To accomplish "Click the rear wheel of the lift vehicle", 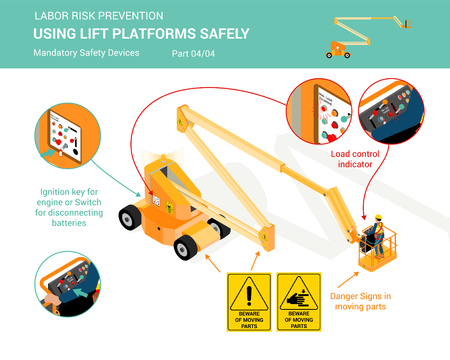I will click(x=130, y=215).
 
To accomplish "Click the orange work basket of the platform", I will click(x=377, y=256).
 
